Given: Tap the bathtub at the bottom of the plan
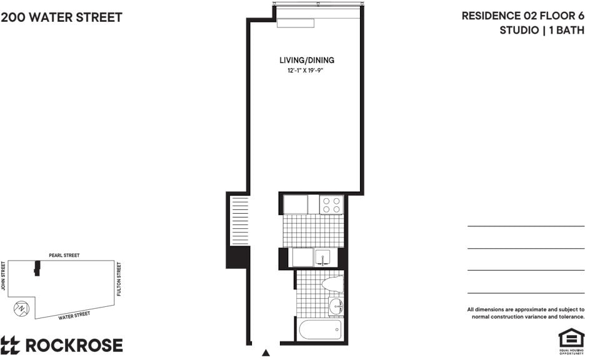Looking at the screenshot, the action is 321,329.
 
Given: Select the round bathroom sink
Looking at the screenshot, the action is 336,306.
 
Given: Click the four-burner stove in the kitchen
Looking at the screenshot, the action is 331,205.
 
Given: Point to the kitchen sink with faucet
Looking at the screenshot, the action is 322,257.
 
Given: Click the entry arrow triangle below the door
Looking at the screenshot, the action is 266,353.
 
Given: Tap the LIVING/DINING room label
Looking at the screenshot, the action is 307,60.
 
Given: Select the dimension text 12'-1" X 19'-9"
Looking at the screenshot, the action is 306,71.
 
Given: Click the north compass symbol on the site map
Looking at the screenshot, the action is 21,309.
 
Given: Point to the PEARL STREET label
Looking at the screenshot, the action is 64,256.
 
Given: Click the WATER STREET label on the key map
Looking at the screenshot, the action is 74,316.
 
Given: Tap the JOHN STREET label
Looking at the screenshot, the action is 3,276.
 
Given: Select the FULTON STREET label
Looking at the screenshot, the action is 119,279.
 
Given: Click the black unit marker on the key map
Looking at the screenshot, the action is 37,268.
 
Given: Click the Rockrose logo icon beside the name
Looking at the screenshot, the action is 10,346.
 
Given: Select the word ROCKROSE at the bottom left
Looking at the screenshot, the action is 74,346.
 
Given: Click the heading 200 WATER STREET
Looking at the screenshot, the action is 61,17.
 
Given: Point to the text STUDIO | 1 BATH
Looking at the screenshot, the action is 542,30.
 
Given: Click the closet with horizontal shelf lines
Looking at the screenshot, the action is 240,221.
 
